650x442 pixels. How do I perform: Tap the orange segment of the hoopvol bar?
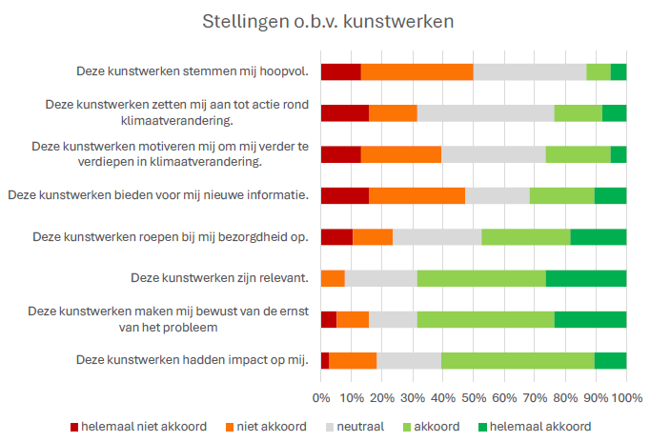(x=416, y=71)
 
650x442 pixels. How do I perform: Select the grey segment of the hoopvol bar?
(x=529, y=71)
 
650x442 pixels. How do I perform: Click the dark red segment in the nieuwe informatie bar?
(x=344, y=195)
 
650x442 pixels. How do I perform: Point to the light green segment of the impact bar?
(x=518, y=360)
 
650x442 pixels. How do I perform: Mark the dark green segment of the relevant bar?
(x=586, y=278)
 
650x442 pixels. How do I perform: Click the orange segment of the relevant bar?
(x=333, y=278)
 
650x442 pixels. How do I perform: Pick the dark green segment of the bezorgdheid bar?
(x=599, y=237)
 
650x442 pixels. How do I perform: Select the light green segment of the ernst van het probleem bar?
(x=485, y=319)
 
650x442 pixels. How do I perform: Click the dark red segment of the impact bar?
(x=325, y=360)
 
